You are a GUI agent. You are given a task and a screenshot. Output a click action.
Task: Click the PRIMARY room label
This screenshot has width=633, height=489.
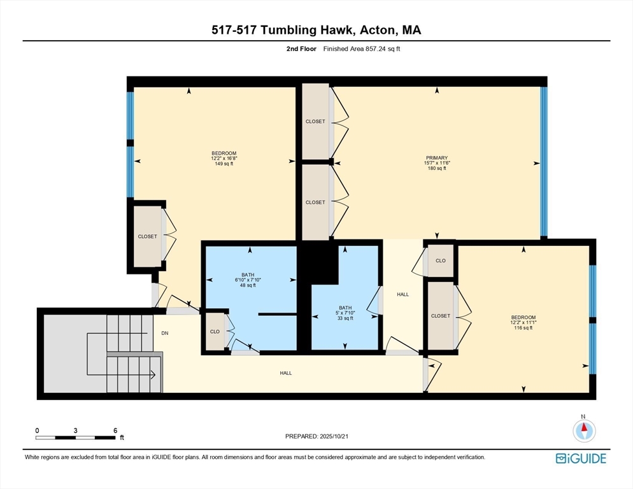437,158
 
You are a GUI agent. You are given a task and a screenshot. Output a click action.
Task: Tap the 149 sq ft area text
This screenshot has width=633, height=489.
224,164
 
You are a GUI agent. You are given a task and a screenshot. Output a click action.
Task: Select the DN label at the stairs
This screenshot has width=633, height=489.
165,333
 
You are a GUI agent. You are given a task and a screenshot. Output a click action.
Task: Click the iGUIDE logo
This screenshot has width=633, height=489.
581,458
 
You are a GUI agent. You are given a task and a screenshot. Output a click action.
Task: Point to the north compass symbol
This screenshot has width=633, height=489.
584,430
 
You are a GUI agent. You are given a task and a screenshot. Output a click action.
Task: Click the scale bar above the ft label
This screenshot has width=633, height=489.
76,437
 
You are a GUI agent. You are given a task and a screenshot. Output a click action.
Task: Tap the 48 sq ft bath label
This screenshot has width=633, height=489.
248,285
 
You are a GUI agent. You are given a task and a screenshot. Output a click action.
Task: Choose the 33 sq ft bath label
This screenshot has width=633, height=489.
345,318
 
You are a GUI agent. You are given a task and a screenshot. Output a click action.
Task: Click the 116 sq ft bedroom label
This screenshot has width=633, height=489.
523,328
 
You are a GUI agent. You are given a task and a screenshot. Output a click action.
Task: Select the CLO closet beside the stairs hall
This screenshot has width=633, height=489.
215,332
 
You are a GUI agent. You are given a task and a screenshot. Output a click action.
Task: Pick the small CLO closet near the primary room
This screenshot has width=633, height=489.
441,260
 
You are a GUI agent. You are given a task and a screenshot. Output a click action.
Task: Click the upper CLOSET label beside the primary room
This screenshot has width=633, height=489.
315,121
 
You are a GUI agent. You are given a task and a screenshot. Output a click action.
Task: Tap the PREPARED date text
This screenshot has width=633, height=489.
316,436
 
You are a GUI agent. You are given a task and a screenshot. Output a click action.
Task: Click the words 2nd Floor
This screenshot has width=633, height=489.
301,49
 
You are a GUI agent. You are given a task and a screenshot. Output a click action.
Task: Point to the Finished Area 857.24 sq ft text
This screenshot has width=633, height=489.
362,49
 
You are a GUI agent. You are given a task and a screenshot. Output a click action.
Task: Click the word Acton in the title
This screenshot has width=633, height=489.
376,30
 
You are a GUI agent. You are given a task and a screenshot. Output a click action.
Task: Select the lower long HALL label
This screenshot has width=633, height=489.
286,373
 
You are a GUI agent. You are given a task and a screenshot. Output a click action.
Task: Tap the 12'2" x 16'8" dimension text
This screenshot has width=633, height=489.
224,159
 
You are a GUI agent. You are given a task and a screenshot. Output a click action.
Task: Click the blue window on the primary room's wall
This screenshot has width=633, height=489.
544,162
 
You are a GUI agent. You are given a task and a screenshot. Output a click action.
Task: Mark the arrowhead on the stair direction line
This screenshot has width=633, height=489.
153,375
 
